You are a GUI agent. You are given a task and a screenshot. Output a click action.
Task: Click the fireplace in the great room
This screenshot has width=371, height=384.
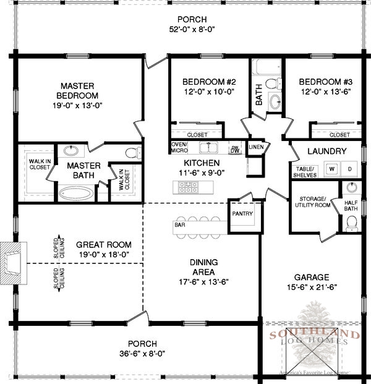[x=14, y=263]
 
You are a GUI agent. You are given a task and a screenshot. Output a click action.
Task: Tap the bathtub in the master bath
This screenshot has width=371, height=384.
[x=76, y=194]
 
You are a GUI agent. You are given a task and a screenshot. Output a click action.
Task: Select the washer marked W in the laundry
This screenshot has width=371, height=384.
[x=332, y=169]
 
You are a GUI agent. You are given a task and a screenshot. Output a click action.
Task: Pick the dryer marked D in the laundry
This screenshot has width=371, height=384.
[x=350, y=169]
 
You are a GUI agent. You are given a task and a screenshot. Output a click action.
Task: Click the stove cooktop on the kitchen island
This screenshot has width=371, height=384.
[x=188, y=187]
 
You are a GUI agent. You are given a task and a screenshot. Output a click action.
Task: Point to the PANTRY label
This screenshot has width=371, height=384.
[x=242, y=213]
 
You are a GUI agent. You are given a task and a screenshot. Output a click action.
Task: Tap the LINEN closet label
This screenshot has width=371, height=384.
[x=256, y=147]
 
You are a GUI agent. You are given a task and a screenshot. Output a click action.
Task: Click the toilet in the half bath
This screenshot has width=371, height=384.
[x=352, y=223]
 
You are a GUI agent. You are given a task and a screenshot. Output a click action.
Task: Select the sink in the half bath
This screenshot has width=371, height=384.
[x=352, y=187]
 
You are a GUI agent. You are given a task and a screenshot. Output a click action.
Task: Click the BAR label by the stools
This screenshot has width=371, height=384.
[x=180, y=224]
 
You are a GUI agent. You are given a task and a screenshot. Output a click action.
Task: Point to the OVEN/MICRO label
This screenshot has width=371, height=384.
[x=179, y=147]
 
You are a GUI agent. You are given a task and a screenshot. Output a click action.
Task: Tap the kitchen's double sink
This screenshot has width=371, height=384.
[x=208, y=148]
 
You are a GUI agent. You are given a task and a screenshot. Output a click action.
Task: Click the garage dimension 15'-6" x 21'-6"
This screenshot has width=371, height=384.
[x=312, y=287]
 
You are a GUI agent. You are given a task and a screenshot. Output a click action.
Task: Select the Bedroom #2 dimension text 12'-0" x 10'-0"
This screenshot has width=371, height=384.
[x=209, y=92]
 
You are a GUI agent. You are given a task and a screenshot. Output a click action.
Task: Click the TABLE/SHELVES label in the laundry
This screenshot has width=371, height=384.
[x=305, y=172]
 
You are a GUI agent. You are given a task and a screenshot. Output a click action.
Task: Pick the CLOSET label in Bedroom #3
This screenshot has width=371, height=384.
[x=339, y=135]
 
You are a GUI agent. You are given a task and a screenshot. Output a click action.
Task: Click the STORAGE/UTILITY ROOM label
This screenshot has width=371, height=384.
[x=313, y=202]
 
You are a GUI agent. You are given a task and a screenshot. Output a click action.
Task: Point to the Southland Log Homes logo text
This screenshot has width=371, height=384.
[x=315, y=338]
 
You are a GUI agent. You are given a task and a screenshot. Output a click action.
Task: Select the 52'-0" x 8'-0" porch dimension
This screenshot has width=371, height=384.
[x=192, y=30]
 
